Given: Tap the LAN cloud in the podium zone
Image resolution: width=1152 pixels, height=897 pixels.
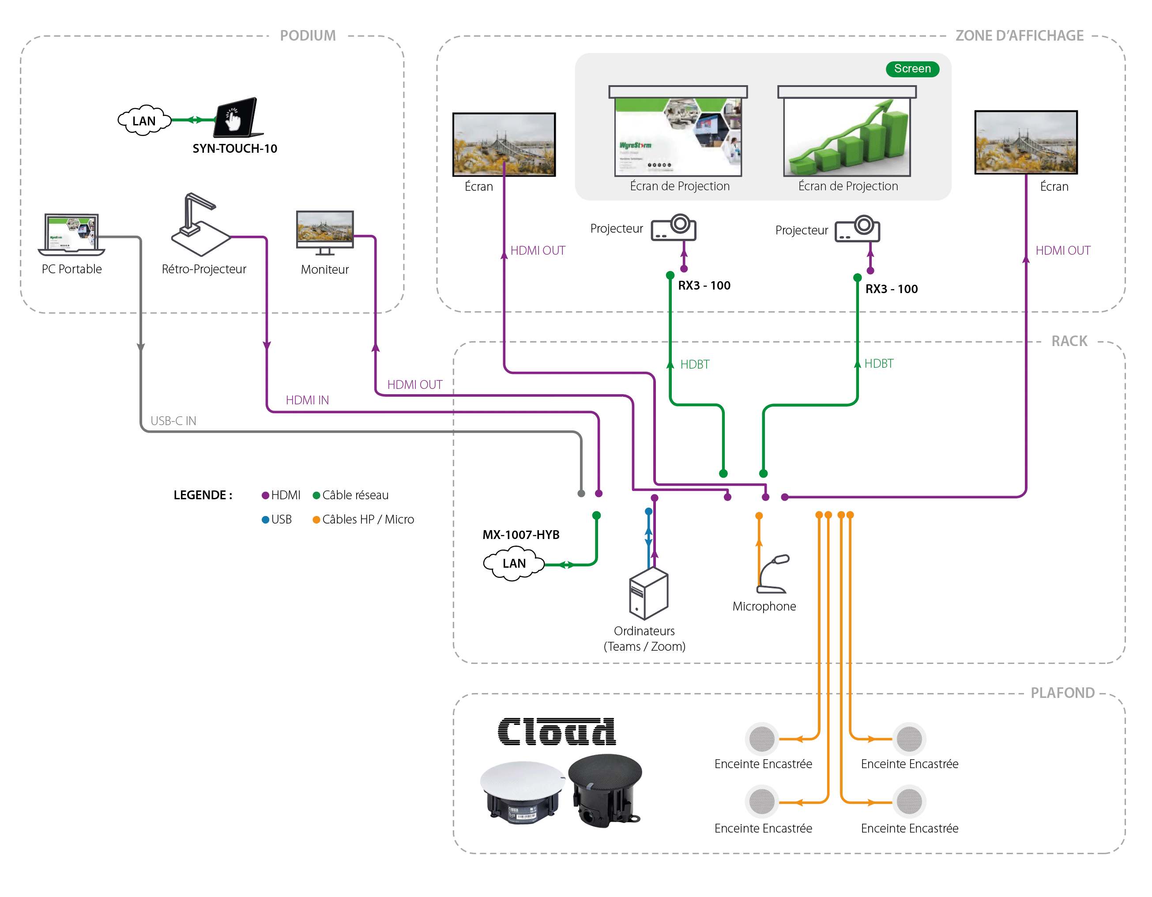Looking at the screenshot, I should [x=143, y=121].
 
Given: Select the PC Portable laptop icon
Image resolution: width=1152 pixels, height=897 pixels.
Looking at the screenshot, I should [x=71, y=234].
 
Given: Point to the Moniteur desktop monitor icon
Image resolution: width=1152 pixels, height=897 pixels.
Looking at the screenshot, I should [x=324, y=232].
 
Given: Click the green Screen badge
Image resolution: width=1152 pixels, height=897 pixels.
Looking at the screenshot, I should [x=912, y=68].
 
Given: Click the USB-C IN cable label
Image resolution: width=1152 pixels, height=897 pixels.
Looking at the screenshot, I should [x=173, y=421].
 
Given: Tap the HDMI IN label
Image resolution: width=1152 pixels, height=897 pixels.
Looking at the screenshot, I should [x=307, y=400].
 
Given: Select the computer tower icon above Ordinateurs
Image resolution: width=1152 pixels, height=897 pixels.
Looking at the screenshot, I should [x=648, y=593].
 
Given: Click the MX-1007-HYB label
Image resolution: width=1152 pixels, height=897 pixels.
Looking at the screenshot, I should [x=521, y=535].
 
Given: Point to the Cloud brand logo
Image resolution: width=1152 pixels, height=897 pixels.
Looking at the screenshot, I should [x=556, y=732].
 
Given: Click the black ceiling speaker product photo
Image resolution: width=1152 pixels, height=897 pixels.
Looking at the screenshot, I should [x=606, y=790].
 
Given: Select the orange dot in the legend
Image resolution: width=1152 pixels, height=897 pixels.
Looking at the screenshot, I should [x=316, y=520].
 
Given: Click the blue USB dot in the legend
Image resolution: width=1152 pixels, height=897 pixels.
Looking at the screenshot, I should [x=265, y=520].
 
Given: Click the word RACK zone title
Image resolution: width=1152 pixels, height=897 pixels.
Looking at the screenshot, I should [x=1069, y=341].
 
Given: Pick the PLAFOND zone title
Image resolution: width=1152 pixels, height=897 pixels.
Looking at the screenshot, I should [x=1062, y=693].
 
